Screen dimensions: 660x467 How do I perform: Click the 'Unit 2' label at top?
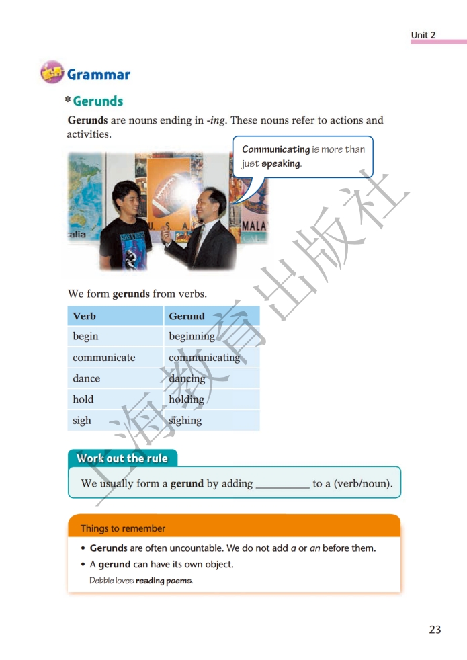click(423, 35)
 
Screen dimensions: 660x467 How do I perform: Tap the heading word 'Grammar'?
click(98, 75)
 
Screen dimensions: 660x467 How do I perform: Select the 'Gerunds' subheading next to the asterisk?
click(98, 101)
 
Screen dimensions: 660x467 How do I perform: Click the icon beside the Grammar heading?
click(52, 73)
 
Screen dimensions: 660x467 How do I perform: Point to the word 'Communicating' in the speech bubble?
click(275, 149)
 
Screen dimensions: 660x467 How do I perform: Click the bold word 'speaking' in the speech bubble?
click(280, 163)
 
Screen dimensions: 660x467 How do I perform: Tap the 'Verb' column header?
click(85, 316)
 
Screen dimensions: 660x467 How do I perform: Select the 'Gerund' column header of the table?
click(187, 316)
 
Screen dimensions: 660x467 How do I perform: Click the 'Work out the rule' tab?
click(122, 458)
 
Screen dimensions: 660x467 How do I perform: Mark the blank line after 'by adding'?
click(282, 484)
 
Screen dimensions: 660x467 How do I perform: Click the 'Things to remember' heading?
click(123, 528)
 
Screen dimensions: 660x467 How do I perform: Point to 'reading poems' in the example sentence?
click(163, 581)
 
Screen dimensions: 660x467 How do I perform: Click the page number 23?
click(435, 630)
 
